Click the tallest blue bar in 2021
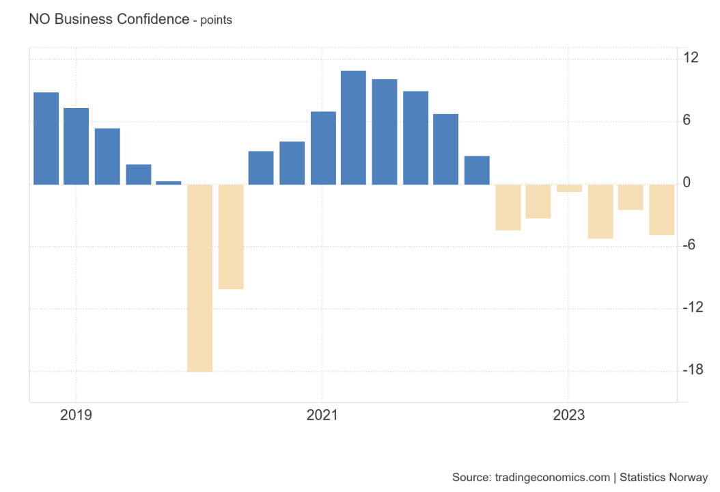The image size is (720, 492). point(353,128)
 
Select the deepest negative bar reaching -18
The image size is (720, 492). point(199,278)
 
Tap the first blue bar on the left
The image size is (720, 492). point(46,138)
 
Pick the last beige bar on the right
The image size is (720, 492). point(661,210)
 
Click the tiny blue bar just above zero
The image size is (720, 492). point(169,182)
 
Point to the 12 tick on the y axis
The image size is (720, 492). point(691,58)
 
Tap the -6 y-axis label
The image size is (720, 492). point(691,245)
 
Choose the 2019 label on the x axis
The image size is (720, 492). point(76,415)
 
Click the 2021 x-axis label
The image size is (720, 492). point(322,415)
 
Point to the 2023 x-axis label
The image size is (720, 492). point(568,415)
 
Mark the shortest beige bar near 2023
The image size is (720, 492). point(569,188)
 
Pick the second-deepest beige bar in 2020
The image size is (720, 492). point(231,236)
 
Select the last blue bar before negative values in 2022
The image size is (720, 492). point(477,170)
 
